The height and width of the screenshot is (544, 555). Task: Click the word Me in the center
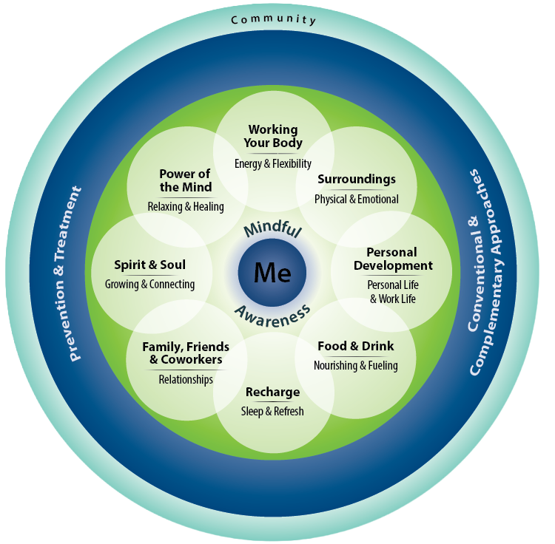click(x=272, y=273)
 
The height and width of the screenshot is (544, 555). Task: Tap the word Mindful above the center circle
click(x=272, y=228)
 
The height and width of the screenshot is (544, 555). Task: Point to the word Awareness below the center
click(x=272, y=316)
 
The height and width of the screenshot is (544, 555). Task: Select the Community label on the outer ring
click(x=273, y=20)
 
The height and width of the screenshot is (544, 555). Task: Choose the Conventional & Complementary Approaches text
click(x=485, y=272)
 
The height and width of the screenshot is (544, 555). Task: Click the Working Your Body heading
click(x=273, y=136)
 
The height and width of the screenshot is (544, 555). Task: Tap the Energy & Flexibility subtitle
click(x=273, y=163)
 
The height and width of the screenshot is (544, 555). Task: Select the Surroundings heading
click(x=357, y=179)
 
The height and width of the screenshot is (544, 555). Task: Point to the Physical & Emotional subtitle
click(x=357, y=200)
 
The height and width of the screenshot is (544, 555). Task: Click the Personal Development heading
click(x=393, y=259)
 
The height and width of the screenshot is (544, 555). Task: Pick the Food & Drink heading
click(x=356, y=346)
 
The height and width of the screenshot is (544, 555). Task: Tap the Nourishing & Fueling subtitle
click(x=356, y=365)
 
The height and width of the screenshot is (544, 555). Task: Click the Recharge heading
click(x=272, y=392)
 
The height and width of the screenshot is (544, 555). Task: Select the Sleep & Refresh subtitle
click(x=272, y=412)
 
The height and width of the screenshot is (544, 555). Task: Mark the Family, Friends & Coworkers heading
click(x=186, y=353)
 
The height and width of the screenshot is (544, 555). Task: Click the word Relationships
click(x=186, y=380)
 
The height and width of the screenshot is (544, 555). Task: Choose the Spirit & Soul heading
click(x=149, y=265)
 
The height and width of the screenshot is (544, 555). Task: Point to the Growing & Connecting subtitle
click(x=149, y=284)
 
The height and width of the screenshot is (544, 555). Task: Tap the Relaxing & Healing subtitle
click(x=186, y=206)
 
